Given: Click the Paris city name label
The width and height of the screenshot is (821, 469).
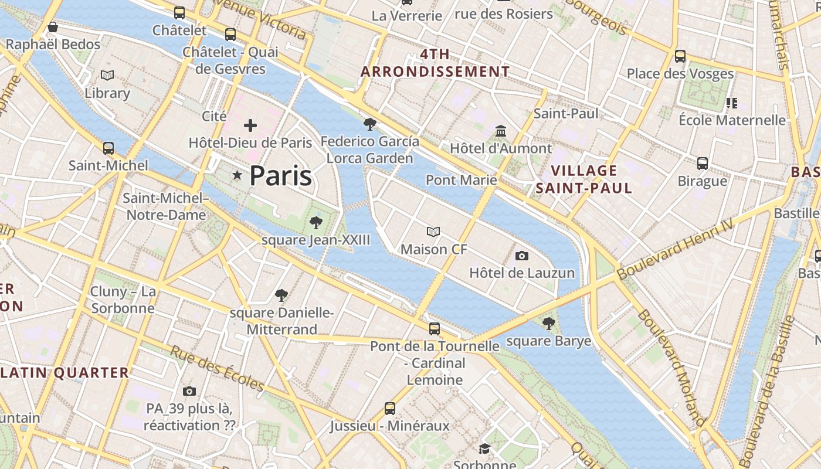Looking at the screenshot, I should point(280,175).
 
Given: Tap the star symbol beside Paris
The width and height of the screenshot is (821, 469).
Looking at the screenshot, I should point(237,175).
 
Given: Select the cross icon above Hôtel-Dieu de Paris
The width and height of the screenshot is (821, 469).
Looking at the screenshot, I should point(250,125).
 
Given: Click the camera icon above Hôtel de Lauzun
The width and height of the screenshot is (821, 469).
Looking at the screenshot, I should point(521,256).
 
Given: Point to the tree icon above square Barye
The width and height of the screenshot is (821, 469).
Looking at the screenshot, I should point(548,323).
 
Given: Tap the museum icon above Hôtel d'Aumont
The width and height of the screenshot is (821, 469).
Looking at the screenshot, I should point(501,131).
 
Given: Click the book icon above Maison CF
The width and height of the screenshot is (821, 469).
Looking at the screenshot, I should point(433,232).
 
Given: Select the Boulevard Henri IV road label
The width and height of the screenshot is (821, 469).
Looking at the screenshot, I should point(674,249).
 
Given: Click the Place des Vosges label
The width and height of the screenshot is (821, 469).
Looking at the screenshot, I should point(680,74).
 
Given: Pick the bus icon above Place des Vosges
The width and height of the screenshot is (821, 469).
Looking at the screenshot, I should point(680,56).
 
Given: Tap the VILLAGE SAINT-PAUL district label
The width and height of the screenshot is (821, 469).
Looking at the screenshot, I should point(584,179).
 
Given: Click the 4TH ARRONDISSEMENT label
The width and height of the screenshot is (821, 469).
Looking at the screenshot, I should point(435,63).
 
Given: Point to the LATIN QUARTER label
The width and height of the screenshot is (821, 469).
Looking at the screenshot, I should point(65,373).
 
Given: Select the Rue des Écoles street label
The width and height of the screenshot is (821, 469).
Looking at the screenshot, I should point(217,368).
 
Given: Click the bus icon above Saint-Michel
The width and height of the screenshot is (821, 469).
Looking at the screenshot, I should point(108,148).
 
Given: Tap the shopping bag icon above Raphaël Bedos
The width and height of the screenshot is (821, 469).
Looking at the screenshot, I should point(53,27).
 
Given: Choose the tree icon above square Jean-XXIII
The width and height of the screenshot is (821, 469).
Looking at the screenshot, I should point(316,222).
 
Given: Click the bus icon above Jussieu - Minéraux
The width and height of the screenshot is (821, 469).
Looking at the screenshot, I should point(389,408).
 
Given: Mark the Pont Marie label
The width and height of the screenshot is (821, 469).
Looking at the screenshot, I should point(461,180).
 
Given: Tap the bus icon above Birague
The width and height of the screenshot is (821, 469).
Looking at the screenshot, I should point(703,163).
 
